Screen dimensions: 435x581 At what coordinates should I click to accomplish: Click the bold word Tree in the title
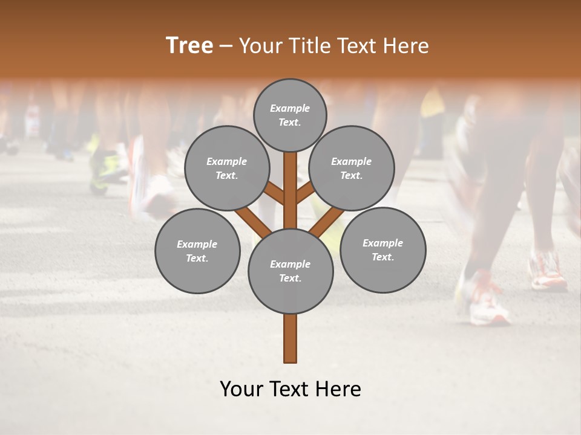[189, 46]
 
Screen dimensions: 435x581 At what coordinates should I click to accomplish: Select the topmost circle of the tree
[290, 115]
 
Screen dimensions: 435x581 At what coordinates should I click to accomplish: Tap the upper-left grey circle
[226, 168]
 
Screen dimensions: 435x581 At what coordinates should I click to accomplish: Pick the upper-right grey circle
[352, 168]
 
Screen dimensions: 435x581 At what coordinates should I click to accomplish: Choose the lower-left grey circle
[197, 251]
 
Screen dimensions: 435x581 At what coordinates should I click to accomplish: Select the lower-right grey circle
[382, 250]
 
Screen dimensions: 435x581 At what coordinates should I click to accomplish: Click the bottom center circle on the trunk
[290, 271]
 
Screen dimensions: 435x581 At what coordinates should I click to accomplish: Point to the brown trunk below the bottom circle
[290, 338]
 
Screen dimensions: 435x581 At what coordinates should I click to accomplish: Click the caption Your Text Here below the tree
[290, 389]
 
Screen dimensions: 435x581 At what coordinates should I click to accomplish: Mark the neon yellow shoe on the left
[103, 169]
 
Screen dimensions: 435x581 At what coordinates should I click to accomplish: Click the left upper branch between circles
[274, 193]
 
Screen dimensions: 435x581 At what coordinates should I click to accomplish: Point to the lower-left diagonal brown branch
[253, 222]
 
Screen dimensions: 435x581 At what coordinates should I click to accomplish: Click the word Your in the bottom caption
[241, 389]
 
